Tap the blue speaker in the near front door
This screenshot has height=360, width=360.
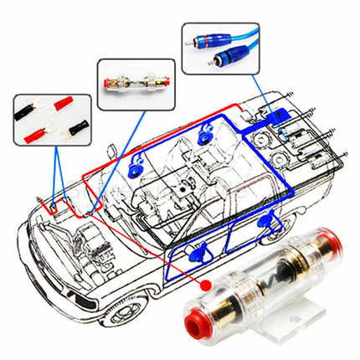[198, 250]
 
